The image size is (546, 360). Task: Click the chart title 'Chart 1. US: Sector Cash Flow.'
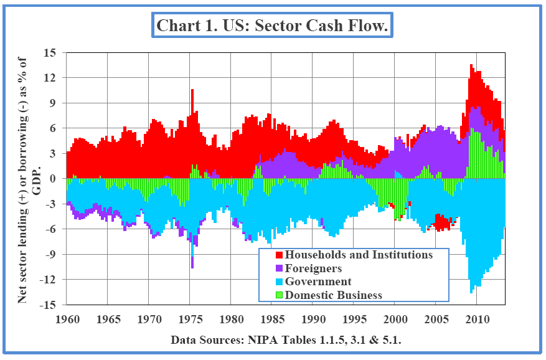(273, 26)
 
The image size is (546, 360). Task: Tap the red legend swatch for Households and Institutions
(278, 255)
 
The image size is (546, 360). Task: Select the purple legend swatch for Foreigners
(278, 268)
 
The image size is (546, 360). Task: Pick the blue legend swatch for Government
(278, 282)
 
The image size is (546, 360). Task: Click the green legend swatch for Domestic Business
(278, 295)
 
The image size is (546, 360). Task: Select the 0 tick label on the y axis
(54, 179)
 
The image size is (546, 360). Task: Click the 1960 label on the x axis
(67, 320)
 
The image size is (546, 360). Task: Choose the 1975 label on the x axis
(190, 320)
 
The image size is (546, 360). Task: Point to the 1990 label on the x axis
(313, 320)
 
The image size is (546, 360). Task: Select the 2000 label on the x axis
(395, 320)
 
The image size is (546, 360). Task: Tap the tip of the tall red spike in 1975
(192, 90)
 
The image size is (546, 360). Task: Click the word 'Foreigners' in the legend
(314, 268)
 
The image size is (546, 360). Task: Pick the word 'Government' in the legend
(318, 282)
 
